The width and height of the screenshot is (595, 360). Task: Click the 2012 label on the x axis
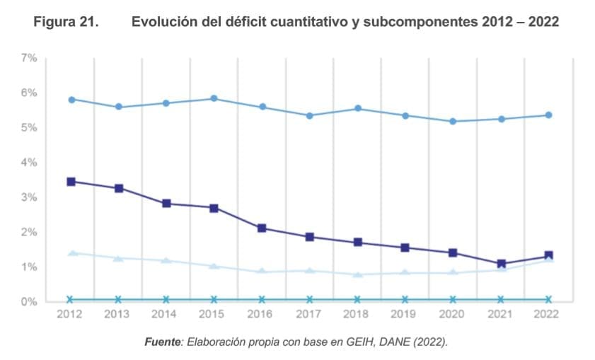click(x=71, y=314)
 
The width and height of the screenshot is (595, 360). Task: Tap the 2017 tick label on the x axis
click(x=309, y=314)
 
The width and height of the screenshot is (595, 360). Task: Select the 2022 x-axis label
click(x=548, y=314)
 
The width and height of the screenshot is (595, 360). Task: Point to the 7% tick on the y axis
click(x=29, y=58)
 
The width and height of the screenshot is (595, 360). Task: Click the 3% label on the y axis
click(x=29, y=197)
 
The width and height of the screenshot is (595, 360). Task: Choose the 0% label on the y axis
click(x=29, y=301)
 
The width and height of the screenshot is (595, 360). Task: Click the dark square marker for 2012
click(x=71, y=182)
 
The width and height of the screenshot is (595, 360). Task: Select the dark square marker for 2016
click(x=262, y=228)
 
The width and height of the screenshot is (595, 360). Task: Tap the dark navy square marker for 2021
click(x=500, y=264)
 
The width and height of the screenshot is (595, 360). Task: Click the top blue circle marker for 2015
click(x=214, y=99)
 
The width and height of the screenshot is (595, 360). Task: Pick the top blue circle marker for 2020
click(x=453, y=122)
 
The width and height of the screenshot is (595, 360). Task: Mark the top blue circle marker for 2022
click(x=548, y=115)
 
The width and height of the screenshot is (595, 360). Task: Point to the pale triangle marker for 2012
click(x=71, y=252)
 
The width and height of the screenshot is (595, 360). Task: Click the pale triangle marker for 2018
click(x=357, y=274)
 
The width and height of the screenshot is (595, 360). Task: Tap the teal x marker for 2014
click(x=166, y=300)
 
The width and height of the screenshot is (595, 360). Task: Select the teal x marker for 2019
click(x=405, y=300)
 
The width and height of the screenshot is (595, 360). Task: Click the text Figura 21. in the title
click(x=65, y=23)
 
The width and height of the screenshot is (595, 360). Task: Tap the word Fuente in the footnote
click(x=162, y=342)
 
